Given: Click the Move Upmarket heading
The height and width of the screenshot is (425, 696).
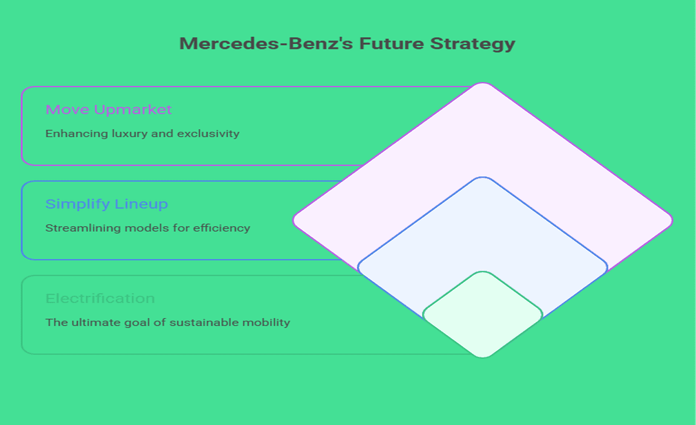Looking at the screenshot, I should pos(109,109).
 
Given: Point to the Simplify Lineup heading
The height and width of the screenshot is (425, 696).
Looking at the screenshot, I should pos(106,204).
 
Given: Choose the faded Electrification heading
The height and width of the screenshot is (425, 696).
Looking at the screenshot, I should pos(100,298).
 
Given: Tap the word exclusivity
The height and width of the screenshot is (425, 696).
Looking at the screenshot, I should pos(208,133).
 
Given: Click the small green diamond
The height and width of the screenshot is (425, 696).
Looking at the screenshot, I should pos(483,314).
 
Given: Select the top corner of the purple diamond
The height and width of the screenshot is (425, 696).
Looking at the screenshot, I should pos(483,83).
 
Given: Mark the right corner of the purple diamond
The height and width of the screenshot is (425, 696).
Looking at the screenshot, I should pos(671,220).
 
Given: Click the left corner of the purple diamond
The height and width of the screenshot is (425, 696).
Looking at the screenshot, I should pos(294,220).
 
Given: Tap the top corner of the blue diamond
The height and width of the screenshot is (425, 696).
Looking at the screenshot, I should pos(483,178).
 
